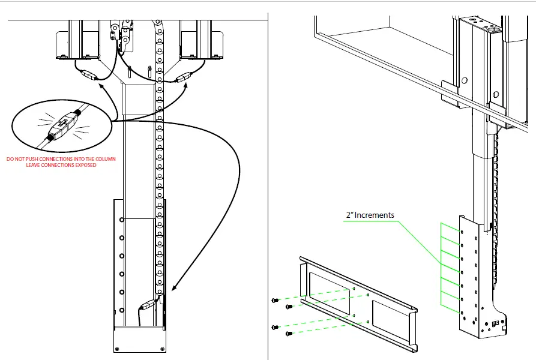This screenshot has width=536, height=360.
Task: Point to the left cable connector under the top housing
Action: coord(89,76)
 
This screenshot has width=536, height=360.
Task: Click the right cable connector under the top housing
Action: coord(183,77)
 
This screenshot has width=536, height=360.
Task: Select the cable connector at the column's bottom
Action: coord(148,305)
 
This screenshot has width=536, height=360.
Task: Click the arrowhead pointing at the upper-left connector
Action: coord(100,86)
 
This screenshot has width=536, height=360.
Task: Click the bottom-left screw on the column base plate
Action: coord(118,347)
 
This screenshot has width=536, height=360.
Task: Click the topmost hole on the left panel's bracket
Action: coord(122,220)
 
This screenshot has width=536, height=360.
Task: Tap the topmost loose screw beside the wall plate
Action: coord(274,299)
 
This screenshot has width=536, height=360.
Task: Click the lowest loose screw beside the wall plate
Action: coord(289,333)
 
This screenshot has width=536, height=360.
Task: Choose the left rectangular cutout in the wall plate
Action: coord(328,292)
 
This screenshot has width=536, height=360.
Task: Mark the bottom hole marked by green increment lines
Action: coord(462,312)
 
